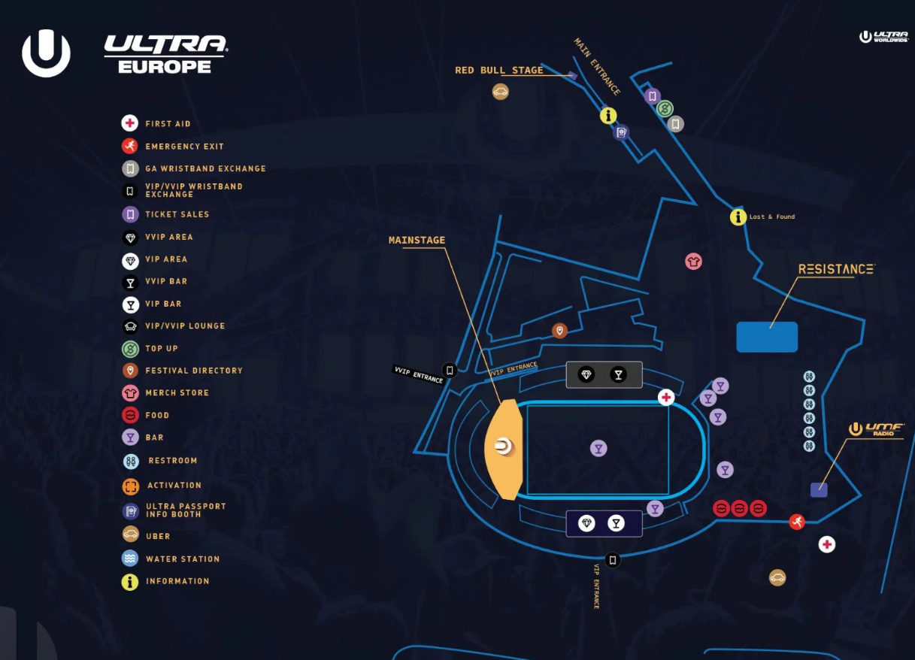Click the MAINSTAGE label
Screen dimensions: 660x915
pos(417,241)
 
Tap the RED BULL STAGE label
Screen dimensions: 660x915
pos(498,71)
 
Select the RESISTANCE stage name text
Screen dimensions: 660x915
pos(836,269)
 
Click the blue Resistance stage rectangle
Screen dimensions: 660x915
pos(767,337)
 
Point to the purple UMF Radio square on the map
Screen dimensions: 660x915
pos(819,490)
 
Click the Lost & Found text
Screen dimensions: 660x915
pos(772,217)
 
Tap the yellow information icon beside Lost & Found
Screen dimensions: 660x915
pos(738,217)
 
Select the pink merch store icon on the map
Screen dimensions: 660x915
pos(693,262)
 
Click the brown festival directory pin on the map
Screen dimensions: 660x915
pos(559,331)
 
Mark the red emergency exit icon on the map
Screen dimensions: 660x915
pos(797,522)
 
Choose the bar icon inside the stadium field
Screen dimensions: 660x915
pos(598,449)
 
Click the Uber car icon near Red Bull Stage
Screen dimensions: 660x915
pos(501,92)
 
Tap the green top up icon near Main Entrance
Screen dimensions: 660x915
pos(664,110)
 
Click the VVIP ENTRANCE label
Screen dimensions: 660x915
pos(418,374)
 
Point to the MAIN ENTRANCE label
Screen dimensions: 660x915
pos(598,67)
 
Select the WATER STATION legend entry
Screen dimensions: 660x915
pos(183,559)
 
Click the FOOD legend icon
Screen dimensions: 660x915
pos(130,415)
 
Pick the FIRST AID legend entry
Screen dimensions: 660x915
pos(168,124)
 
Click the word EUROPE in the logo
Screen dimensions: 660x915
pos(165,66)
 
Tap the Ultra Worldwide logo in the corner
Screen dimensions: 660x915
pos(884,37)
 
